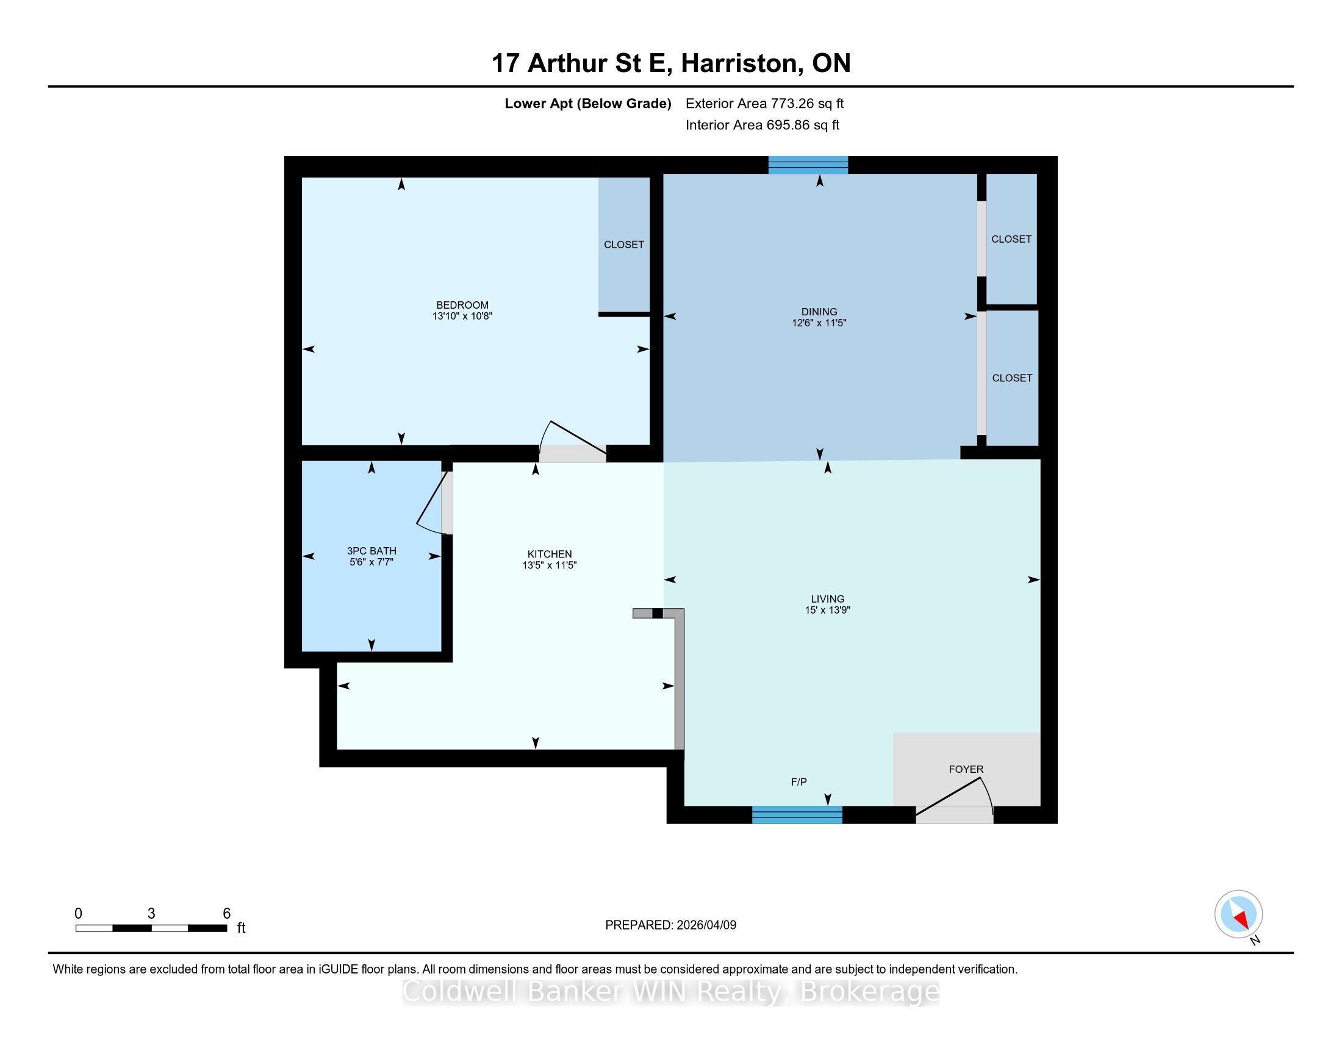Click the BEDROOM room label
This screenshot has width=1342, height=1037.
[x=462, y=306]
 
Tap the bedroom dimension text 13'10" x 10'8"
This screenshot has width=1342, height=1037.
[x=462, y=317]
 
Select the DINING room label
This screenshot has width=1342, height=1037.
[x=819, y=312]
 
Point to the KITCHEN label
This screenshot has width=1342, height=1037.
[x=550, y=554]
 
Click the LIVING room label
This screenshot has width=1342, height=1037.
[x=827, y=599]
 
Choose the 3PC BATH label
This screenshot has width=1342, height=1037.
[x=371, y=551]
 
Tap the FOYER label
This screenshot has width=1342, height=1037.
[x=966, y=769]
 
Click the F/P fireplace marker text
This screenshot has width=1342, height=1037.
[x=799, y=782]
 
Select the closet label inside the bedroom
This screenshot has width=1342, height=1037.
[x=623, y=245]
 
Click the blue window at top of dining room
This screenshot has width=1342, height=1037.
[x=808, y=165]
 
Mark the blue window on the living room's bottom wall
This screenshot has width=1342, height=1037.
[x=797, y=814]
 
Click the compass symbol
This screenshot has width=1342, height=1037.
[x=1238, y=914]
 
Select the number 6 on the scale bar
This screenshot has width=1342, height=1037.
[x=226, y=914]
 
